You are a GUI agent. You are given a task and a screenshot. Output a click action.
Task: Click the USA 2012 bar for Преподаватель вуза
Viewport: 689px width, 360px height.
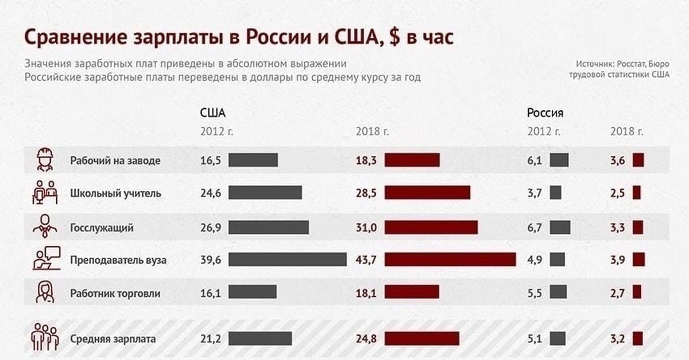pyautogui.click(x=287, y=260)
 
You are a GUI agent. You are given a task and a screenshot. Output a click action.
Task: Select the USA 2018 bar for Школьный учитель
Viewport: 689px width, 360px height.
pyautogui.click(x=427, y=193)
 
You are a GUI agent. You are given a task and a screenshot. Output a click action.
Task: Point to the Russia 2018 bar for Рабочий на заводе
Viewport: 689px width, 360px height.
pyautogui.click(x=638, y=161)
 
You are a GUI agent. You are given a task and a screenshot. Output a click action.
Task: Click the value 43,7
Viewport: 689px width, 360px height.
pyautogui.click(x=366, y=260)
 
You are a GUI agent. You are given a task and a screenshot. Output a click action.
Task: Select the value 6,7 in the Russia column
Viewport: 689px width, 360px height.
pyautogui.click(x=534, y=228)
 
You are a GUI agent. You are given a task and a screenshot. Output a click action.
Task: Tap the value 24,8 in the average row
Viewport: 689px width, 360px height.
pyautogui.click(x=366, y=339)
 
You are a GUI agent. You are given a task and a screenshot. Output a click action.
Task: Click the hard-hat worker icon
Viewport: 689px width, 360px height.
pyautogui.click(x=44, y=160)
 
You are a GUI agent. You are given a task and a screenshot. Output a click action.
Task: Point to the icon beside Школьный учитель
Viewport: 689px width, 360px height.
pyautogui.click(x=44, y=193)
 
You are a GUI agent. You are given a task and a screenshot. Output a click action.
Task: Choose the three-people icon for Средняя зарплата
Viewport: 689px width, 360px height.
pyautogui.click(x=44, y=338)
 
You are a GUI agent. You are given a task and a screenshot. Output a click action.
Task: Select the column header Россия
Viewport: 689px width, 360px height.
pyautogui.click(x=545, y=112)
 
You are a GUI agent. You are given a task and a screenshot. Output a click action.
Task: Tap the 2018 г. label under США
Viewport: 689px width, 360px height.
pyautogui.click(x=373, y=131)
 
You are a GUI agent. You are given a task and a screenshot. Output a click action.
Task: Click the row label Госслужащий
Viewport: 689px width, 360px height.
pyautogui.click(x=102, y=228)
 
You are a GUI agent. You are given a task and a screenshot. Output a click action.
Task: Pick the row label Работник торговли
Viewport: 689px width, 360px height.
pyautogui.click(x=115, y=294)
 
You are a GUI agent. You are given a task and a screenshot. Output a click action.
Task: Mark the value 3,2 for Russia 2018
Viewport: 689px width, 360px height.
pyautogui.click(x=617, y=339)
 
